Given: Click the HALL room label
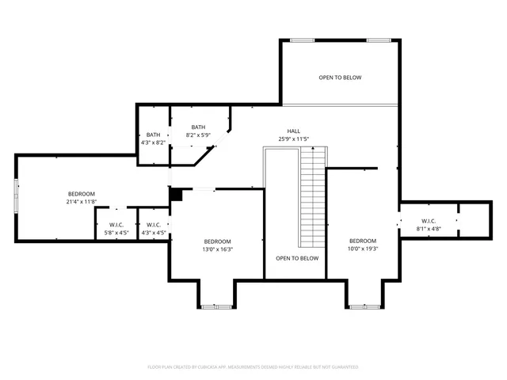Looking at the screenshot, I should tap(293, 131).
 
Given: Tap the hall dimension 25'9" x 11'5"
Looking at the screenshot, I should tap(293, 139).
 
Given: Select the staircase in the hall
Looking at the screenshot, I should tap(313, 198).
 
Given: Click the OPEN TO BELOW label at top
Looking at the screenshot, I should tap(340, 78).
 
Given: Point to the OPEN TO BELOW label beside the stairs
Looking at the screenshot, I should tap(297, 258).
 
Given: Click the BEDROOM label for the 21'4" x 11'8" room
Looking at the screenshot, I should tap(81, 194).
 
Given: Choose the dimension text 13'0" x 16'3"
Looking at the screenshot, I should tap(218, 249).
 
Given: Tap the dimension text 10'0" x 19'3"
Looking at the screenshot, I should tap(363, 249).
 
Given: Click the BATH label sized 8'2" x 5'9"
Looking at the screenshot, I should tap(198, 127).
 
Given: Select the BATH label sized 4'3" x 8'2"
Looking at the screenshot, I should tap(153, 135).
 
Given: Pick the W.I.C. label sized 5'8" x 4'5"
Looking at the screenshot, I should tap(116, 225).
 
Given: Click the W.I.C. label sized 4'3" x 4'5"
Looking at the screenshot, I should tap(154, 225).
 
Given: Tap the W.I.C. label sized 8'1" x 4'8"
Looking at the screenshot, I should tap(429, 221).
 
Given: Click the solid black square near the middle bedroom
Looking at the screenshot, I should tap(176, 194).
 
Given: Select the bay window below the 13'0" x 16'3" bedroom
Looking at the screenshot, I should tap(216, 306).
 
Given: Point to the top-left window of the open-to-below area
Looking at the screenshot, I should tap(302, 40).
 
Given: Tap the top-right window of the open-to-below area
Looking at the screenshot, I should tap(378, 40).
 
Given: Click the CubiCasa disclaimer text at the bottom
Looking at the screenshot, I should tap(253, 367).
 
